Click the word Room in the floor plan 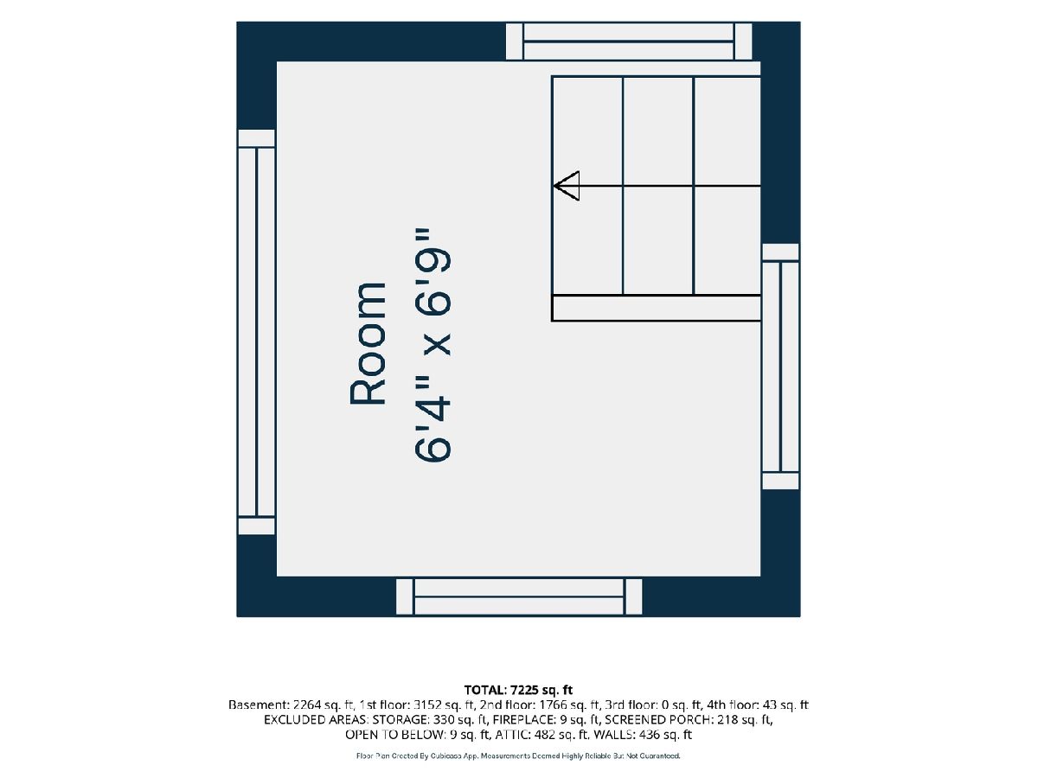coord(368,343)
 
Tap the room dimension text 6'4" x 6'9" coord(432,345)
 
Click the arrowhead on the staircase coord(566,186)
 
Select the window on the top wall coord(629,41)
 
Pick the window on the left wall coord(256,332)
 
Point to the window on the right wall coord(780,367)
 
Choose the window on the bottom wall coord(519,597)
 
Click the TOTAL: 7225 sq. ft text coord(518,690)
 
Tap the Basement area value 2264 coord(308,705)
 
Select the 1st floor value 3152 coord(427,705)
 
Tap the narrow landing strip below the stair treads coord(656,309)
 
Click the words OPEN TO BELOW coord(394,735)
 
